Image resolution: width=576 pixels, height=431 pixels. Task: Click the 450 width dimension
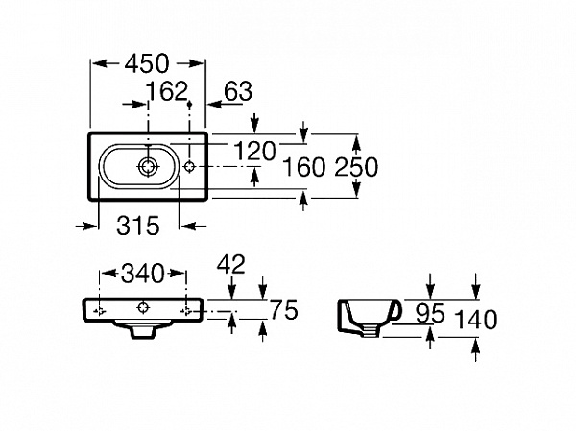pyautogui.click(x=147, y=64)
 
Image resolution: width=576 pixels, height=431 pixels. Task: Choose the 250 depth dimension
pyautogui.click(x=356, y=167)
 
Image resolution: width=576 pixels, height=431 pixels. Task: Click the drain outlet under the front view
pyautogui.click(x=143, y=330)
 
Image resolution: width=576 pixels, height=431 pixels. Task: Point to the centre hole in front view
pyautogui.click(x=143, y=307)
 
